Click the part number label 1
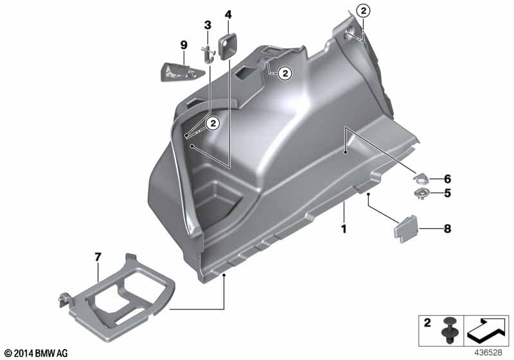(x=344, y=229)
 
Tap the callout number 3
(x=208, y=25)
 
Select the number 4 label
(x=228, y=15)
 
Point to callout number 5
(x=447, y=193)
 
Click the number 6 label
(x=447, y=179)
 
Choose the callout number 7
(x=98, y=257)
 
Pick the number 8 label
(x=447, y=228)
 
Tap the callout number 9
(x=184, y=45)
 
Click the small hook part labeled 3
(x=208, y=54)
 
